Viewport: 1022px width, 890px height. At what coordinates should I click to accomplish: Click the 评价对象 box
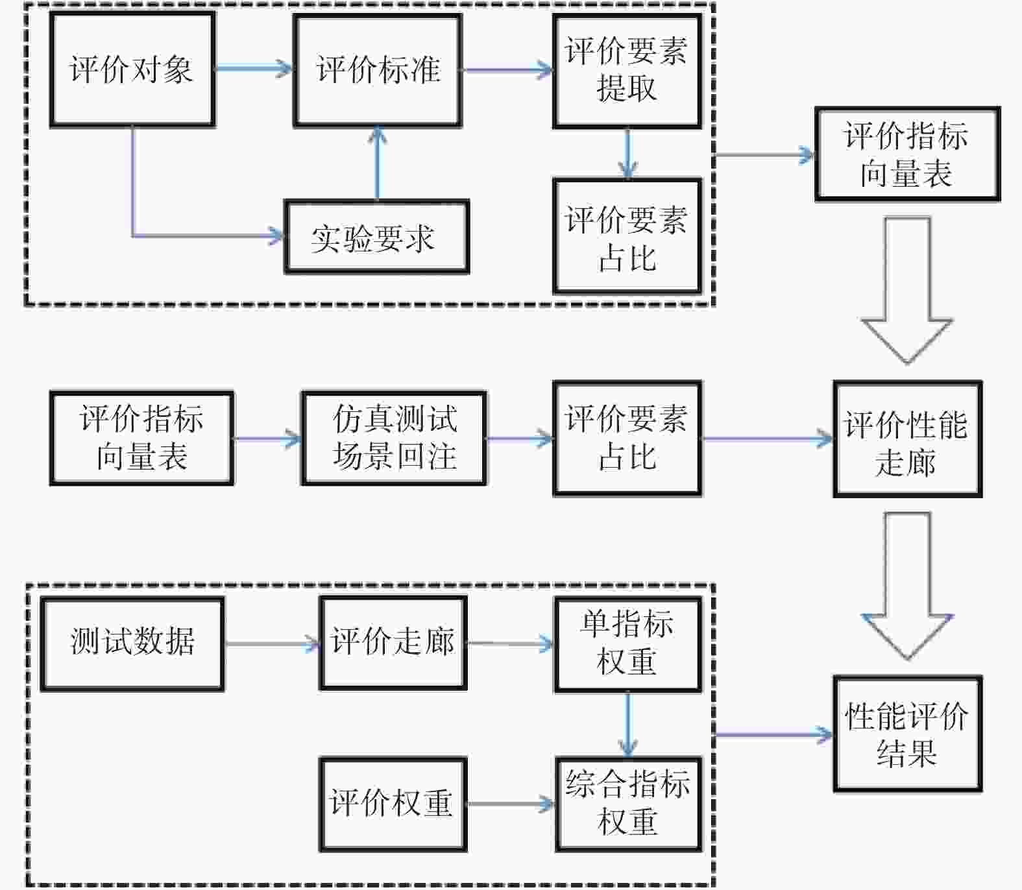[x=132, y=69]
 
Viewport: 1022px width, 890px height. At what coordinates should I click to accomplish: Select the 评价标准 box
[x=378, y=70]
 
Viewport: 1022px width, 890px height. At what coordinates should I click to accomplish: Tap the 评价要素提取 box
[x=627, y=71]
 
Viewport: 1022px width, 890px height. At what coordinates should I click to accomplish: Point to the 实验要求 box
[x=376, y=237]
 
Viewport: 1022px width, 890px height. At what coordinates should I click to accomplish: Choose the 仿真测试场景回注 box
[x=394, y=438]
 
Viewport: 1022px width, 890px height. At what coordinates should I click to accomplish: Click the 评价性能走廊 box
[x=907, y=439]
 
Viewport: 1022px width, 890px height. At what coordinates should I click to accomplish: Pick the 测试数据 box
[x=132, y=643]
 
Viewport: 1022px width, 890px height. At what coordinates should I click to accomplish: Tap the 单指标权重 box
[x=627, y=645]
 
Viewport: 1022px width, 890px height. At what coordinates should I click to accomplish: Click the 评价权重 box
[x=393, y=804]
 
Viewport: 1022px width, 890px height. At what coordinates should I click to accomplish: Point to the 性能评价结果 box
[x=907, y=734]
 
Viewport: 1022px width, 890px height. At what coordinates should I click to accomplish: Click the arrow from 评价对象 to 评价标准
[x=254, y=67]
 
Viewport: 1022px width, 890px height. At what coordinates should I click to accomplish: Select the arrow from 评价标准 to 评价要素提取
[x=507, y=69]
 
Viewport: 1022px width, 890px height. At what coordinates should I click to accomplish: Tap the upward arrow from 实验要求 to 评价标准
[x=377, y=163]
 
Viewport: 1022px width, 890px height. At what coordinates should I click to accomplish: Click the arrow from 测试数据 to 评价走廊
[x=272, y=644]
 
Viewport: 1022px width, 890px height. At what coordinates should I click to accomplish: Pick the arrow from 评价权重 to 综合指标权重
[x=511, y=804]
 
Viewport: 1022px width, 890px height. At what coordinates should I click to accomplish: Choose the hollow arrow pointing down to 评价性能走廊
[x=907, y=290]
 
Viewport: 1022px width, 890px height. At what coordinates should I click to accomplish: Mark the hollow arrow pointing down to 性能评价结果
[x=907, y=586]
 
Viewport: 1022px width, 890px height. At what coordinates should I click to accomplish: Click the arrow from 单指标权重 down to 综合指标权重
[x=627, y=725]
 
